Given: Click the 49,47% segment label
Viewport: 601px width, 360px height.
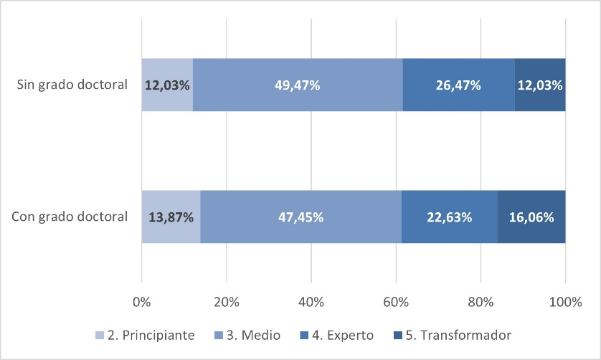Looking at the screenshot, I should click(298, 85).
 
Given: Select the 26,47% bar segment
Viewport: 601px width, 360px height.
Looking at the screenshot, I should click(459, 85).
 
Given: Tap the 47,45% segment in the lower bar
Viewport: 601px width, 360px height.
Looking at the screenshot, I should click(300, 217).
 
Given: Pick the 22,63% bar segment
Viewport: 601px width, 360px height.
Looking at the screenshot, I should click(449, 217).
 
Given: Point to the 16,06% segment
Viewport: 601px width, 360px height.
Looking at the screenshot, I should click(531, 217).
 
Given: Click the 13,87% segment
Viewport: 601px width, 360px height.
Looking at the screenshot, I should click(171, 217).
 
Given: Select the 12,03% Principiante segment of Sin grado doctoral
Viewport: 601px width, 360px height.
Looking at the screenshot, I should click(167, 85).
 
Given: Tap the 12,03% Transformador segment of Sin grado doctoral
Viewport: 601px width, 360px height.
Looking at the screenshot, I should click(540, 85).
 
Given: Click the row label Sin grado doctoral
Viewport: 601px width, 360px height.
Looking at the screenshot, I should click(72, 85).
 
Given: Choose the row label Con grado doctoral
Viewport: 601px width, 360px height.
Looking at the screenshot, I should click(70, 217).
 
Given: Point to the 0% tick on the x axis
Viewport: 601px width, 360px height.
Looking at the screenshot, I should click(142, 303).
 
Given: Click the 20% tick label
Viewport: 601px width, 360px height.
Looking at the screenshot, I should click(227, 303).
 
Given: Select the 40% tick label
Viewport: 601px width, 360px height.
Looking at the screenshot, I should click(311, 303).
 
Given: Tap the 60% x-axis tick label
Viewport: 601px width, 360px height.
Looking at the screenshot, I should click(396, 303).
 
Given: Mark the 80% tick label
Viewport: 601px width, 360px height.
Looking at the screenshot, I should click(481, 303).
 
